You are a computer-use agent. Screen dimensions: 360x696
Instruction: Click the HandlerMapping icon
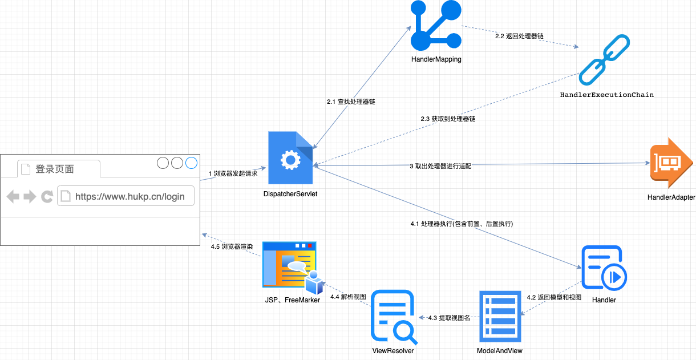point(436,26)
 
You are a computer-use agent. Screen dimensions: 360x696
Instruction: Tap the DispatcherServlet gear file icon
point(291,159)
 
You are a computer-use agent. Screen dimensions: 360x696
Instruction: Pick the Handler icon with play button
point(604,268)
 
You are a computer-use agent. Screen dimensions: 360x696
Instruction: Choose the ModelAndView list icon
point(500,317)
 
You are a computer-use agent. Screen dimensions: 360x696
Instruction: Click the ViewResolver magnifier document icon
point(393,317)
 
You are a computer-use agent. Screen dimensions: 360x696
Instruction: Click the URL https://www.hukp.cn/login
point(130,196)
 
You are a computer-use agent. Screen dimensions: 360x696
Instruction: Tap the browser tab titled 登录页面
point(55,169)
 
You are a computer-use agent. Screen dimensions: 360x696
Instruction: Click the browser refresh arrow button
point(47,197)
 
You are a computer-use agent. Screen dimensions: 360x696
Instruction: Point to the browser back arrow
point(13,197)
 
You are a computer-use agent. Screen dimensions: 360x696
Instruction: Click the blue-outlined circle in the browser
point(191,163)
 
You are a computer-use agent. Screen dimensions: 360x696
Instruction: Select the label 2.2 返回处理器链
point(519,36)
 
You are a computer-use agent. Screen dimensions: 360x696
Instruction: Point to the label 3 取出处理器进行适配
point(440,167)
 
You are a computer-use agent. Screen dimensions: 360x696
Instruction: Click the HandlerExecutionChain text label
point(606,95)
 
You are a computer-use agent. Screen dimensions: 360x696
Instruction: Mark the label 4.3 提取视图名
point(449,318)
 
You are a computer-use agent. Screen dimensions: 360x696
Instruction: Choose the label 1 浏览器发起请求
point(233,173)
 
